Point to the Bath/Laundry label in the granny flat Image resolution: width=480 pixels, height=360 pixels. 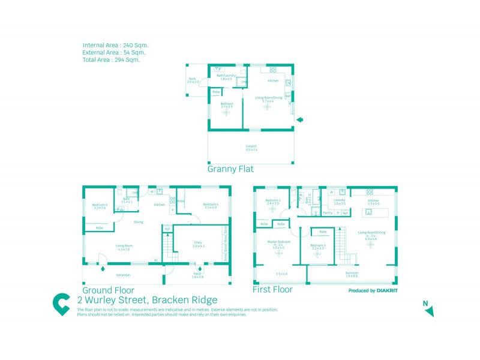[226, 76]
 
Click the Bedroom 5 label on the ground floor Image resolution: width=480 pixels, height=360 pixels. [100, 206]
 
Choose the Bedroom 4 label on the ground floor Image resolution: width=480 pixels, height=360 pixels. [211, 205]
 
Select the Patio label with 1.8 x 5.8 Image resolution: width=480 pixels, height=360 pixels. [197, 274]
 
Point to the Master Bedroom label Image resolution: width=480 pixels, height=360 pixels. [279, 242]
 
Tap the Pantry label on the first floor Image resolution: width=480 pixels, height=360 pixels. [328, 213]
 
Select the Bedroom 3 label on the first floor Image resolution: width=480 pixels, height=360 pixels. [318, 245]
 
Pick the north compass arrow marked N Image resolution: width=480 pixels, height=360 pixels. [428, 310]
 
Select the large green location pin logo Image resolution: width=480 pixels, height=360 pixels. [61, 304]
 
